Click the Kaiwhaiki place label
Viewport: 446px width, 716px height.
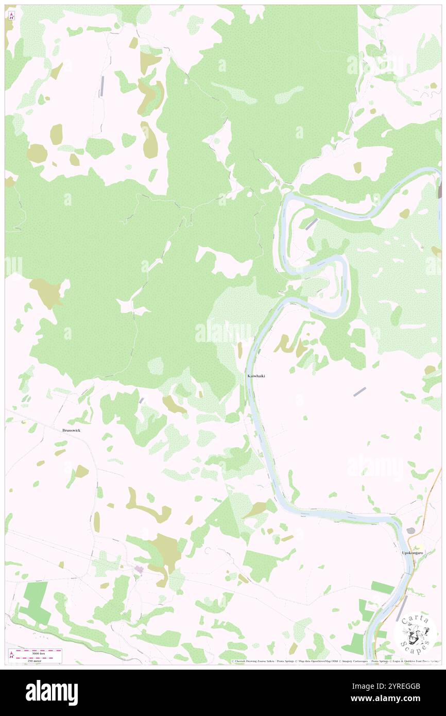[256, 376]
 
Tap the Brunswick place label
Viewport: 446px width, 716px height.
[72, 430]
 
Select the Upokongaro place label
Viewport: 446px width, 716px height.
[412, 553]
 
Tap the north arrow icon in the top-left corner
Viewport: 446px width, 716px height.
[11, 16]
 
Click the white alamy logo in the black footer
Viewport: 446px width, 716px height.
[52, 693]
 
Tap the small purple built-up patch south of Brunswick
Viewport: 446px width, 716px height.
[139, 569]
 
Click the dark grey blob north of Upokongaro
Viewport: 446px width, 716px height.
[410, 531]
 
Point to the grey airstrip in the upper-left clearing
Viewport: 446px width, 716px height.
[102, 86]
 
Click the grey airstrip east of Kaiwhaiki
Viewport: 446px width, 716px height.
[360, 392]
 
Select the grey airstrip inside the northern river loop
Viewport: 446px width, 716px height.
[312, 224]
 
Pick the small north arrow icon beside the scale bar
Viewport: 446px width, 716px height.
[11, 654]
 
